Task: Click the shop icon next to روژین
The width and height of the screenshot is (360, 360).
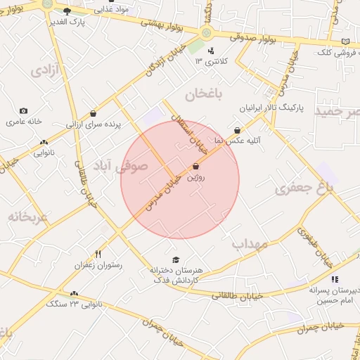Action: [195, 167]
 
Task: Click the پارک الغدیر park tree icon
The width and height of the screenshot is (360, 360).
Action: [67, 11]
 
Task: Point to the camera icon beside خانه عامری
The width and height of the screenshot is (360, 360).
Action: [24, 111]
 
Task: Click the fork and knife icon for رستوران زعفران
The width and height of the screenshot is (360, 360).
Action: [98, 255]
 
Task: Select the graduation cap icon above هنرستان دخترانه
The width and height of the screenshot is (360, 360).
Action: [175, 259]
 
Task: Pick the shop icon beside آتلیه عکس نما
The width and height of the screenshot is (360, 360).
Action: [237, 130]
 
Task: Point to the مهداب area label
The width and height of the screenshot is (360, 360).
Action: [250, 244]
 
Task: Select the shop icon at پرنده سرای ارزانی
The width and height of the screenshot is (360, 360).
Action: [94, 113]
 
